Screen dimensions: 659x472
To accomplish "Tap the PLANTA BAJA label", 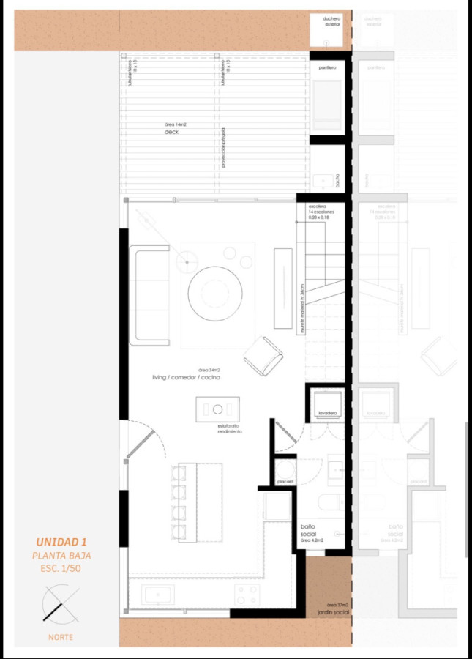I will click(x=61, y=556).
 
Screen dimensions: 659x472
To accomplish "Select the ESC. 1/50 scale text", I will click(x=61, y=568).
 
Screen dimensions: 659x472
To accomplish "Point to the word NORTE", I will click(x=61, y=637).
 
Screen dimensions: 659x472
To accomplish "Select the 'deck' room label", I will click(x=171, y=133).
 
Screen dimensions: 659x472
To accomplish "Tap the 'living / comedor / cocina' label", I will click(x=187, y=377).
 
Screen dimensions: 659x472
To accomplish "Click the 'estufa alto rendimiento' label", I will click(x=228, y=428).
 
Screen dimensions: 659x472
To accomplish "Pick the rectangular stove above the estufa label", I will click(x=217, y=409).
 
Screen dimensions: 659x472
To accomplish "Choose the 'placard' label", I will click(x=285, y=481).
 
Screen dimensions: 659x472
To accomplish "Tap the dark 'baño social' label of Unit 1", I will click(x=307, y=530).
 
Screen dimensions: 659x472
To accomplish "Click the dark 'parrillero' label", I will click(x=327, y=67).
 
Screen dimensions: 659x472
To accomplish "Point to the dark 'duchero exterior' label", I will click(x=332, y=21).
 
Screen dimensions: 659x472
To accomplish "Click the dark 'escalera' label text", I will click(x=316, y=206).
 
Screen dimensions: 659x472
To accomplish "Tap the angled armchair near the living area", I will click(x=263, y=356).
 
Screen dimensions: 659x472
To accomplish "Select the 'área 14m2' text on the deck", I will click(x=175, y=125).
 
